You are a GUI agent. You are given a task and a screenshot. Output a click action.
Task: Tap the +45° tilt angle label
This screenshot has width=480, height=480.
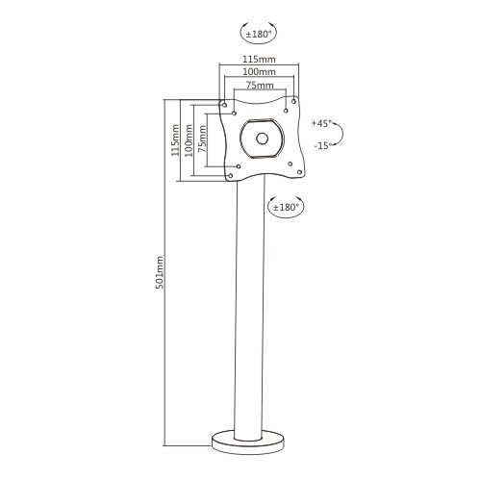tap(321, 123)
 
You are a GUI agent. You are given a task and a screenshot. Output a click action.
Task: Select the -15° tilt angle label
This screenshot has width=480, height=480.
tap(321, 145)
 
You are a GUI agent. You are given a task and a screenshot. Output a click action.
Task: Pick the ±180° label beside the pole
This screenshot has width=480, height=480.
tap(286, 207)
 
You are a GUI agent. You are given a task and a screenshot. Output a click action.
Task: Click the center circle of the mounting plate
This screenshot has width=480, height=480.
tap(260, 137)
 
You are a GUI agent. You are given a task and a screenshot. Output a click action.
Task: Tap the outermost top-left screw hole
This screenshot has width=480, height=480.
tap(223, 104)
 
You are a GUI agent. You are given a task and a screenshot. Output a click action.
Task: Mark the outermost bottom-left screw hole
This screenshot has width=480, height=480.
tap(227, 176)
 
